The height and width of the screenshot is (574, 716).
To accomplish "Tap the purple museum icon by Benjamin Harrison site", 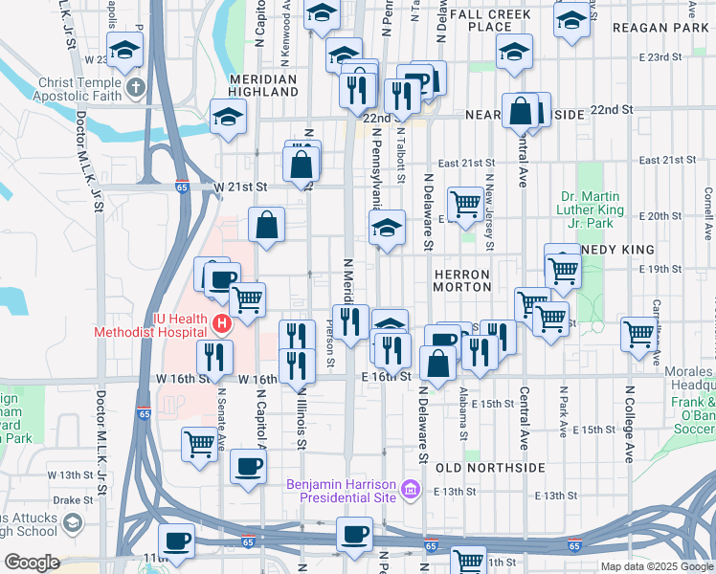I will point(411,491).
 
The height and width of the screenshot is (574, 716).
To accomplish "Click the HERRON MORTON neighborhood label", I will point(462,280).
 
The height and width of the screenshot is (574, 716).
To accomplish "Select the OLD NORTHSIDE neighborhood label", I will point(490,468).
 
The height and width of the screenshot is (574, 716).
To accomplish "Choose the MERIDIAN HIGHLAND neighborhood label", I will point(264,85).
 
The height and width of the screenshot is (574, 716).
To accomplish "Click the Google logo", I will point(32,563).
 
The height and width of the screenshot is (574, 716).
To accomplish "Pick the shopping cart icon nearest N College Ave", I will point(638,336).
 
